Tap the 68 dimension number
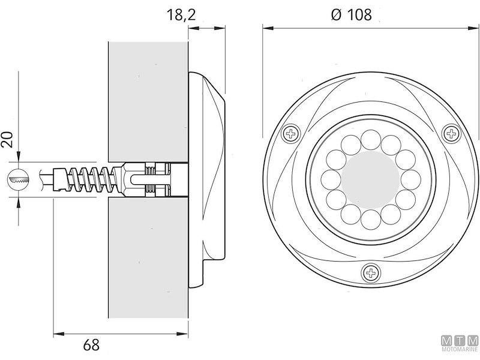91,345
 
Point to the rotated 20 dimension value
8,139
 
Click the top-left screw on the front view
292,133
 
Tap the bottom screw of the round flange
371,273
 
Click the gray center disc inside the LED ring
370,179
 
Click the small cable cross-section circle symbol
19,178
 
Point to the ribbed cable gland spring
90,179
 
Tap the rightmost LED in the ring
408,179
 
